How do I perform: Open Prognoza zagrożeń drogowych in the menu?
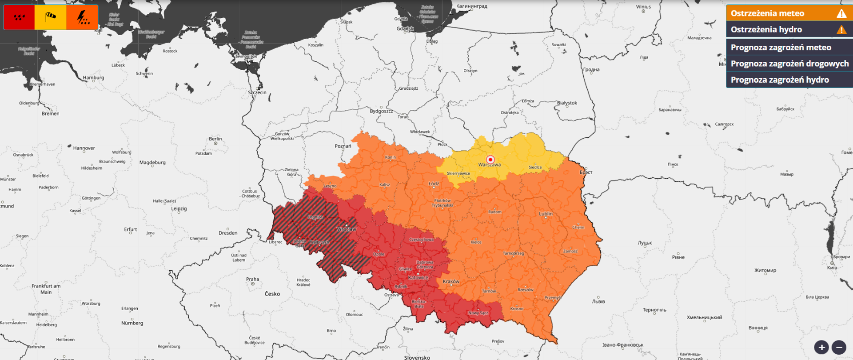pyautogui.click(x=789, y=64)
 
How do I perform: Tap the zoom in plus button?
pyautogui.click(x=821, y=347)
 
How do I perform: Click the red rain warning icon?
pyautogui.click(x=19, y=17)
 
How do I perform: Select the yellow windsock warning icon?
pyautogui.click(x=51, y=17)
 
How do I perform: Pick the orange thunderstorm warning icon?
pyautogui.click(x=82, y=17)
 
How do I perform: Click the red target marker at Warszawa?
pyautogui.click(x=490, y=160)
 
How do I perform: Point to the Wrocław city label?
pyautogui.click(x=346, y=229)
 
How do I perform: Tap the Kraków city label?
pyautogui.click(x=451, y=281)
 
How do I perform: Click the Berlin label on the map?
pyautogui.click(x=215, y=139)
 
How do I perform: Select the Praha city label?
pyautogui.click(x=252, y=280)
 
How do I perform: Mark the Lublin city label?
pyautogui.click(x=546, y=214)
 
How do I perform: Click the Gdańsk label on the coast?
pyautogui.click(x=405, y=28)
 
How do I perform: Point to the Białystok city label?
pyautogui.click(x=567, y=103)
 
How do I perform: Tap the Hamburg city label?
pyautogui.click(x=93, y=78)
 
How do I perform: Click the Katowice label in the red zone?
pyautogui.click(x=418, y=278)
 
